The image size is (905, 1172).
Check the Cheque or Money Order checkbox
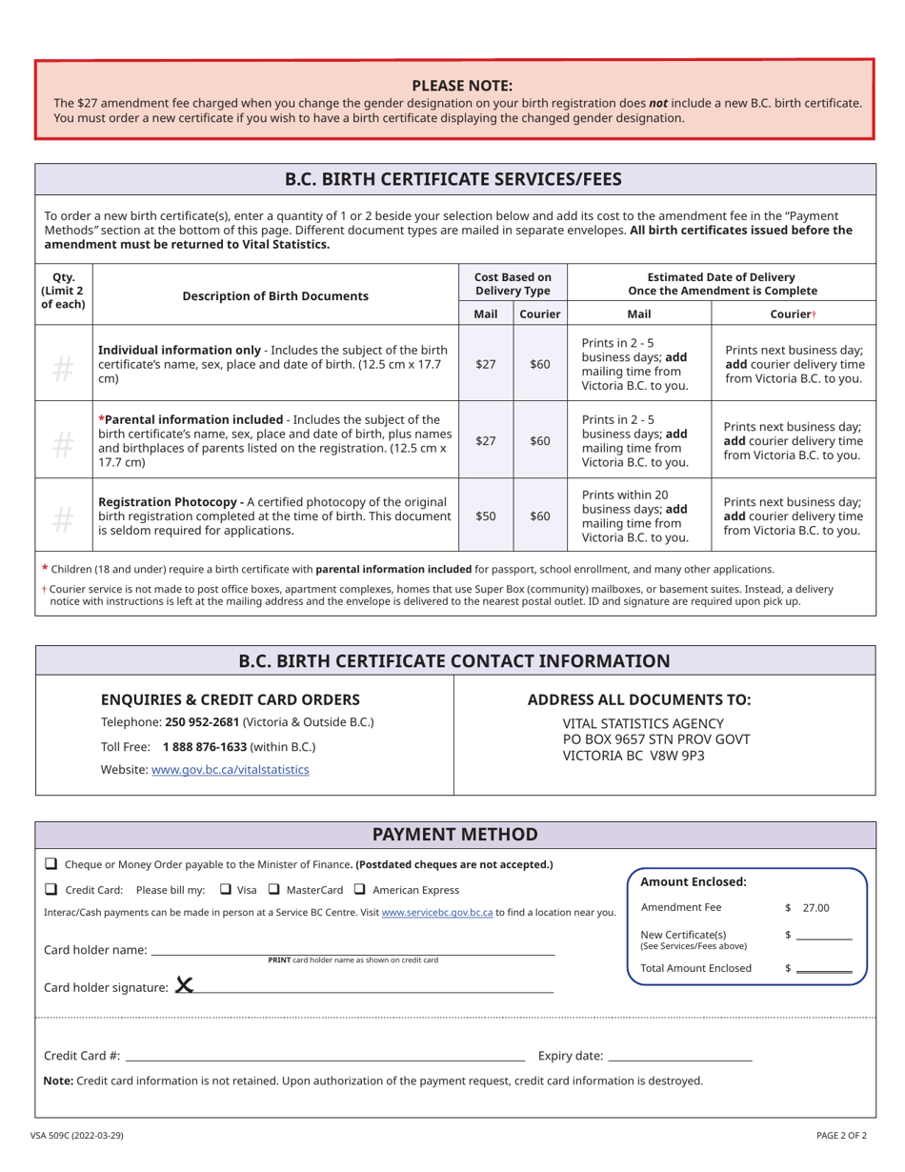(x=50, y=864)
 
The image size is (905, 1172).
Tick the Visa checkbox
(x=225, y=889)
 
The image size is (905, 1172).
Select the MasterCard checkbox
(x=273, y=889)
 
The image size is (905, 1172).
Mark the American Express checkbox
(x=359, y=889)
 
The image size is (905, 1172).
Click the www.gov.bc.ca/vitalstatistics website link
(x=230, y=769)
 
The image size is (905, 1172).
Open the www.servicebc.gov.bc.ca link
(x=436, y=912)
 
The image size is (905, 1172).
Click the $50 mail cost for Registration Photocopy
(x=486, y=515)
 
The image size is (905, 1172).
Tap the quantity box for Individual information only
(x=63, y=364)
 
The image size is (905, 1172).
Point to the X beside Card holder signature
(x=184, y=985)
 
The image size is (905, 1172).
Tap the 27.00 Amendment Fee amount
(x=815, y=908)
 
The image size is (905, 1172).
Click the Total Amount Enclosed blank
(x=823, y=968)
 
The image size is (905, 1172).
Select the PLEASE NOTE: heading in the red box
(x=462, y=85)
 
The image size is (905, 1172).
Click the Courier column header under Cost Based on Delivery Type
(x=539, y=313)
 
